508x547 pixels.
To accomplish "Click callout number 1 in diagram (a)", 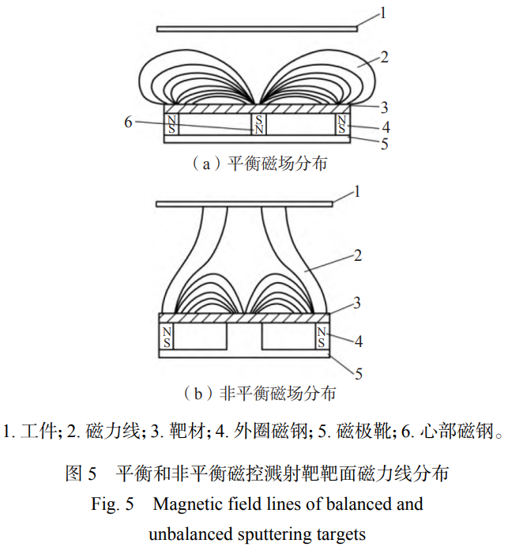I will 383,13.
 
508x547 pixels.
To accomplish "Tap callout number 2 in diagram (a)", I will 384,57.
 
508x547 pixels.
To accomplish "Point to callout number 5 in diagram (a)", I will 385,145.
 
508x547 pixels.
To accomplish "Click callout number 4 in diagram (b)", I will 358,342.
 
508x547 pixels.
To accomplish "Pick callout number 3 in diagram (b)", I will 357,302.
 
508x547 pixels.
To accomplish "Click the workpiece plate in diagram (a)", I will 257,29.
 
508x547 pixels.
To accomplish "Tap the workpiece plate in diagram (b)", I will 244,203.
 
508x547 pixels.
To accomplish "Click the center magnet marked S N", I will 258,124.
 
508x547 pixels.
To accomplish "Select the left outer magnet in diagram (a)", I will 171,124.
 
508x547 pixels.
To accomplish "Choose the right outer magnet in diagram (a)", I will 342,124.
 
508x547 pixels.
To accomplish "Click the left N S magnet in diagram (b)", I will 167,338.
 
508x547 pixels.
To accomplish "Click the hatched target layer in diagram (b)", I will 244,317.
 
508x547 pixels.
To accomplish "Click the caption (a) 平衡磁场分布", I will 254,165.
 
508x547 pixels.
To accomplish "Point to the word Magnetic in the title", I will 186,504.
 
